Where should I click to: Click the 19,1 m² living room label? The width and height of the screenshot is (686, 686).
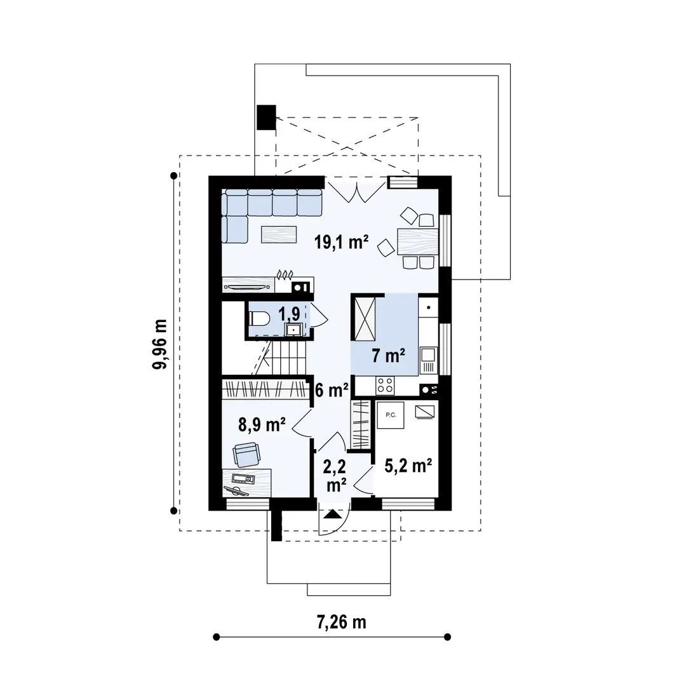[342, 241]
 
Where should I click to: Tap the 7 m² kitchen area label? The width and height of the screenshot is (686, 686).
[389, 356]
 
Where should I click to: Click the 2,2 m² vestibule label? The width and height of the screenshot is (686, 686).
[335, 476]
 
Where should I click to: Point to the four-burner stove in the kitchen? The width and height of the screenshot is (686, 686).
[385, 385]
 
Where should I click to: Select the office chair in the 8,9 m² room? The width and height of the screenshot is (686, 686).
[246, 455]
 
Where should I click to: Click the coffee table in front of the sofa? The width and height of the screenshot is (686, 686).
[279, 234]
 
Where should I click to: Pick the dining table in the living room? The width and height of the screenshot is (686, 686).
[417, 241]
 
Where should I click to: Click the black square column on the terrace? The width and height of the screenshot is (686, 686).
[266, 116]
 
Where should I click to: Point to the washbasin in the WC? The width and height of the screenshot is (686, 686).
[294, 329]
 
